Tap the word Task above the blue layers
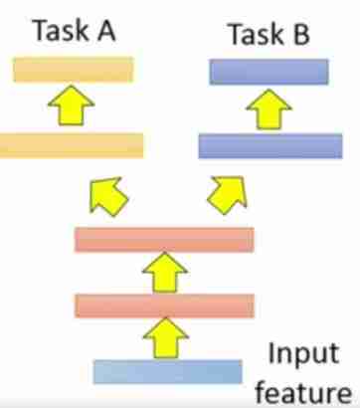[x=253, y=36]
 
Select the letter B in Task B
[x=298, y=36]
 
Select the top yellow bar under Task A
[x=74, y=69]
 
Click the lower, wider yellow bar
[x=72, y=144]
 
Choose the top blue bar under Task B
[x=269, y=71]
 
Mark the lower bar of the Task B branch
[x=270, y=146]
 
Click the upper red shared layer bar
[x=164, y=239]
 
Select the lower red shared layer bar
[x=164, y=305]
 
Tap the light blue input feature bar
[x=167, y=371]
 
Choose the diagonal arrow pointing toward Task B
[x=227, y=191]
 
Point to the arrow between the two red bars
[x=165, y=272]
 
